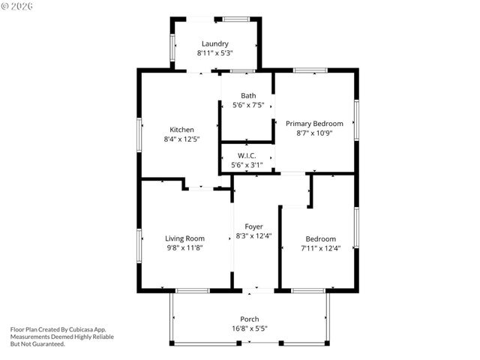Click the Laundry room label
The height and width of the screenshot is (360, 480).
pos(214,43)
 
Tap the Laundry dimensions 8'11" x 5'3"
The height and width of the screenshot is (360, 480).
pos(214,53)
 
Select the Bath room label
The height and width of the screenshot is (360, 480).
pos(248,95)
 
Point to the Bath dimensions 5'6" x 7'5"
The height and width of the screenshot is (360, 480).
pos(248,105)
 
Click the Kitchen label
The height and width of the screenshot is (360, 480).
pos(181,129)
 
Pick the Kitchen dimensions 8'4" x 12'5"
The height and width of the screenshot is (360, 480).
pos(181,139)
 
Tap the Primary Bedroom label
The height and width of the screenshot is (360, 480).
pos(314,123)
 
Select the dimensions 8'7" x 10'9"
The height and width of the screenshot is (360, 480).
pos(314,133)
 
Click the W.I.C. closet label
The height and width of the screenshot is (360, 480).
pos(247,155)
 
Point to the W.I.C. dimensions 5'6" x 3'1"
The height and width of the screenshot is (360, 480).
pos(247,165)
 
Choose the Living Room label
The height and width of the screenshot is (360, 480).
pos(184,238)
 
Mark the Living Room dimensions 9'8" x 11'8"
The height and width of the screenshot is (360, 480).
pos(184,247)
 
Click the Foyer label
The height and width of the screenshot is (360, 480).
pos(253,226)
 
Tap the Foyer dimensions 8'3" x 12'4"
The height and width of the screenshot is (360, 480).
pos(253,235)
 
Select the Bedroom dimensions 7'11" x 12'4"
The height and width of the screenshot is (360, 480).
pos(320,247)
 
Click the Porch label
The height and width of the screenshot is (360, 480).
pos(250,319)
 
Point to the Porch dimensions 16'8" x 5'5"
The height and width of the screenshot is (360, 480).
pos(250,328)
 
